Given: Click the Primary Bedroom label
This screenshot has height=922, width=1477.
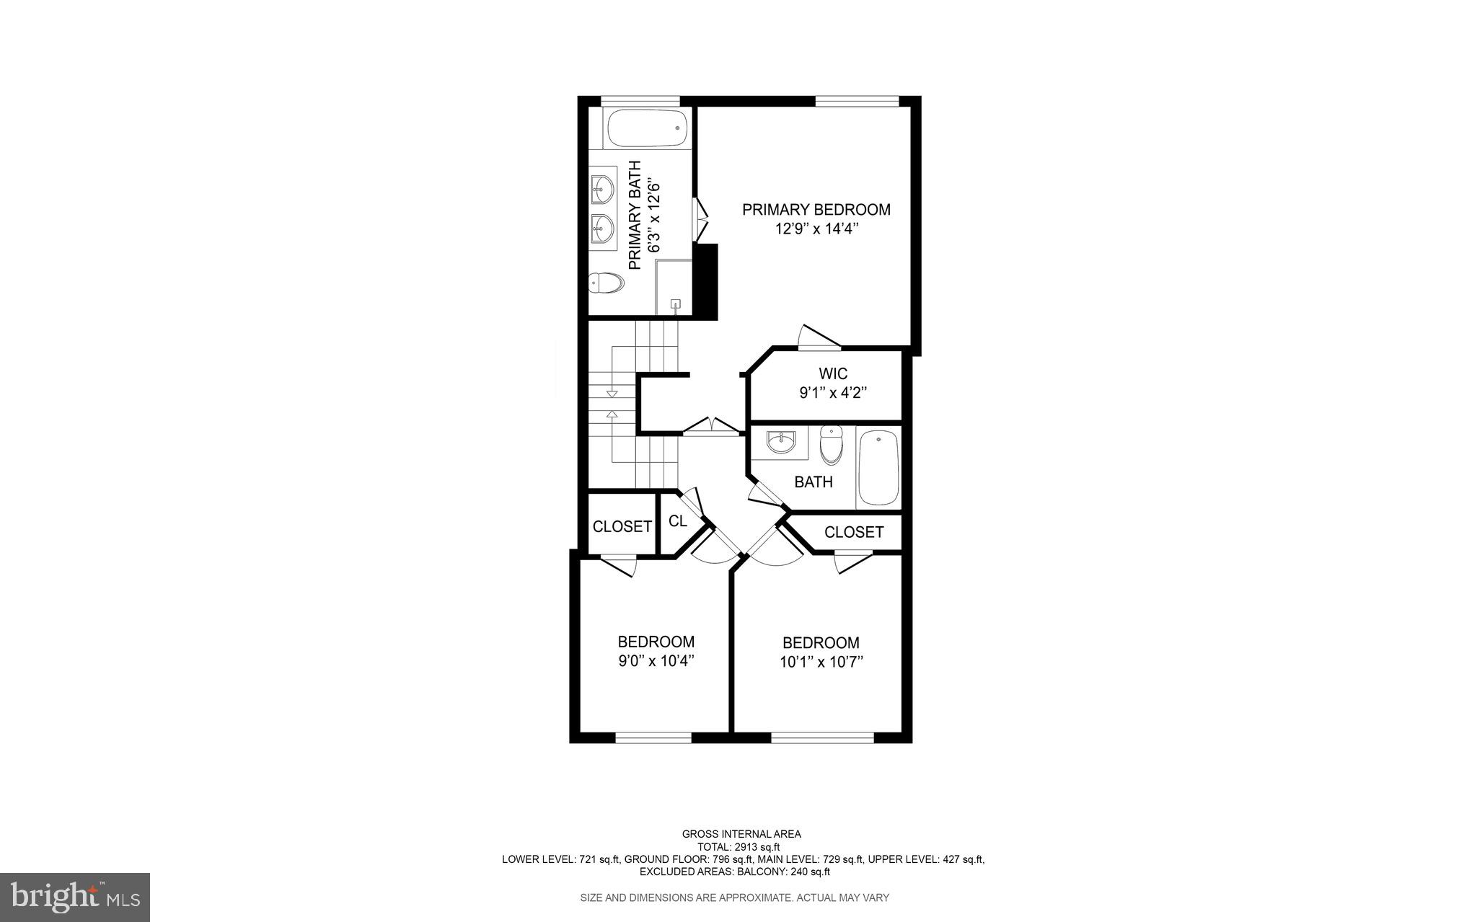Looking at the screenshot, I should click(816, 210).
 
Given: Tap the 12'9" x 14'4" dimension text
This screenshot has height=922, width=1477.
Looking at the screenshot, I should click(816, 229).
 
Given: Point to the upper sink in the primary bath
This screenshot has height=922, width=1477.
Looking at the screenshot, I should click(602, 190).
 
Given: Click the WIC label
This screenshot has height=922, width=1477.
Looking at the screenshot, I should click(833, 373).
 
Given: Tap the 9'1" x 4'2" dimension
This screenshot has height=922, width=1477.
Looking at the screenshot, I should click(833, 394).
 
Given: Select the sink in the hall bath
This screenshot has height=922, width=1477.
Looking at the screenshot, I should click(781, 441).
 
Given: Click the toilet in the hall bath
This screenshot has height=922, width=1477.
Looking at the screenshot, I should click(832, 445).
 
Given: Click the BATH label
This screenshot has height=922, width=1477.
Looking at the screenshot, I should click(814, 482).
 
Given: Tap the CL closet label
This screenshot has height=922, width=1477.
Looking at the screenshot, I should click(678, 521).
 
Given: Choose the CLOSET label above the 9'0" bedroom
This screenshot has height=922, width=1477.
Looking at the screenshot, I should click(622, 527).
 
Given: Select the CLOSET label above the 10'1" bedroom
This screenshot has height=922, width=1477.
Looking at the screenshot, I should click(854, 533).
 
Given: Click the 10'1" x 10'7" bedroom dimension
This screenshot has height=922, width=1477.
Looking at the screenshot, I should click(821, 662).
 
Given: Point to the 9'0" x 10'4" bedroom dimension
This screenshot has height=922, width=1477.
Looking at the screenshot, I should click(656, 661).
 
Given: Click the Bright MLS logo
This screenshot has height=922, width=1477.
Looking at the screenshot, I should click(75, 897).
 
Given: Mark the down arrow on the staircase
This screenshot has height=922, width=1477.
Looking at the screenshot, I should click(612, 394).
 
